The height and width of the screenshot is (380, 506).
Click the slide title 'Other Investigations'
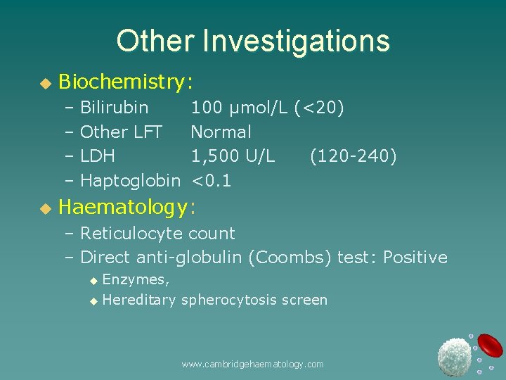(253, 41)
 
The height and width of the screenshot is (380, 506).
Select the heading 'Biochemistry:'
(126, 83)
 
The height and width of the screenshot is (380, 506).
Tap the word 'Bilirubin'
(114, 108)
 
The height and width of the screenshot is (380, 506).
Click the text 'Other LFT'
(121, 132)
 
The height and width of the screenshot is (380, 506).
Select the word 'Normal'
(221, 132)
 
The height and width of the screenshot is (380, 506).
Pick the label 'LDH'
(98, 156)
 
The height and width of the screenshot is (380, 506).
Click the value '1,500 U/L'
(233, 156)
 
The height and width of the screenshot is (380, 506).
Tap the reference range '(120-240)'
(353, 156)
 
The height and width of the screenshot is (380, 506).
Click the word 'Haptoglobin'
(130, 180)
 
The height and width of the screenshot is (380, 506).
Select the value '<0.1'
(211, 180)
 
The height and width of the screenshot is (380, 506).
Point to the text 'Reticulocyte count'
(157, 233)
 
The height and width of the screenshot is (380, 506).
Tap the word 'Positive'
(415, 258)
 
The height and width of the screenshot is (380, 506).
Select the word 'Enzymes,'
(136, 279)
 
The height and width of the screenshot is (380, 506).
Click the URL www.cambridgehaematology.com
(252, 364)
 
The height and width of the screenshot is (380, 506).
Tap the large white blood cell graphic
(453, 356)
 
